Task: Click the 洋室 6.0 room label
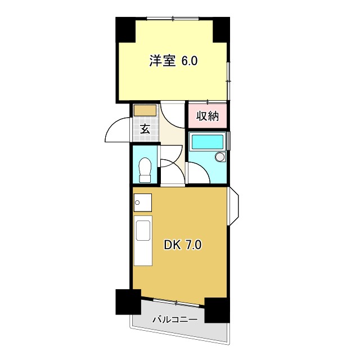tap(173, 61)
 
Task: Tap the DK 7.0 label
tap(182, 245)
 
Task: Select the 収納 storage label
tap(207, 116)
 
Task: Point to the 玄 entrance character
tap(145, 129)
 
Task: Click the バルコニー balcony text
tap(175, 320)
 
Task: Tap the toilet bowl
tap(145, 168)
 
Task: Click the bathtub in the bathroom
tap(207, 142)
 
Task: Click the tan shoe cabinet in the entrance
tap(145, 110)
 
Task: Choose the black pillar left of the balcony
tap(128, 301)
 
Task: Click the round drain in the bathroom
tap(220, 157)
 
